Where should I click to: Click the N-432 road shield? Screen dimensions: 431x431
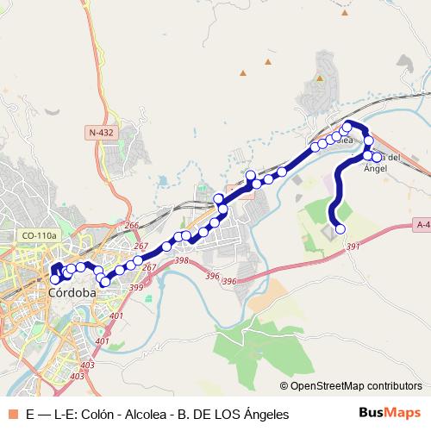coord(101,133)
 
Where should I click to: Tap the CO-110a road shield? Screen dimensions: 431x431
coord(39,234)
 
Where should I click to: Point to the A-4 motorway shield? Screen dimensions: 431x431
coord(422,225)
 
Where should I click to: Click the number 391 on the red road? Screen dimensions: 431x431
coord(353,247)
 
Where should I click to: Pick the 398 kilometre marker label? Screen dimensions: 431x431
coord(181,260)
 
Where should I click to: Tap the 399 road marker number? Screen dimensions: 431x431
coord(136,287)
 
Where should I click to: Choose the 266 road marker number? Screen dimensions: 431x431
coord(131,227)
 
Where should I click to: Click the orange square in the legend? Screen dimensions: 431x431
coord(12,414)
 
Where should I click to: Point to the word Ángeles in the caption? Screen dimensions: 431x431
coord(261,414)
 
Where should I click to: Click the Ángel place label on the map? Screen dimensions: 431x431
coord(377,168)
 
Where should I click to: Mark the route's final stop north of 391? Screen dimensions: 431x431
coord(340,228)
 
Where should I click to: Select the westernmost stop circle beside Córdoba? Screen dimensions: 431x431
coord(55,279)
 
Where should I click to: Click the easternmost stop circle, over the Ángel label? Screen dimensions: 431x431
coord(377,157)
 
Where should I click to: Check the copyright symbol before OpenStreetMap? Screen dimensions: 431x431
coord(284,385)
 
